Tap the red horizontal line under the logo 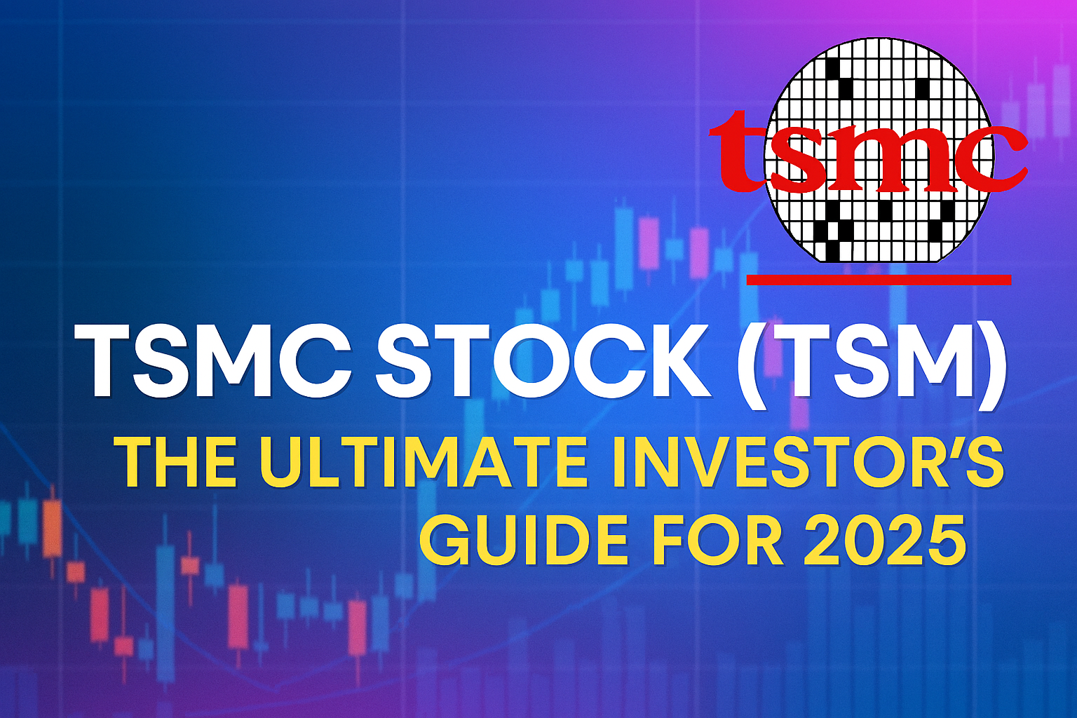click(x=879, y=280)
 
